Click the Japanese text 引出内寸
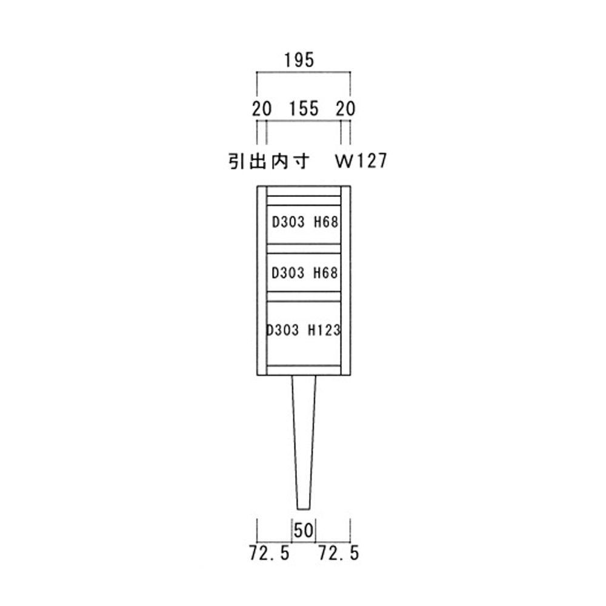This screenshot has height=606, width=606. (x=269, y=161)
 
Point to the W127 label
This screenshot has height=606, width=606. (x=361, y=161)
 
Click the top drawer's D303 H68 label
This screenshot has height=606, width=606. (x=304, y=222)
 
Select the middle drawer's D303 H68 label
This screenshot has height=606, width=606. (x=304, y=273)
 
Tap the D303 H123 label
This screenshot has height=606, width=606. (x=304, y=330)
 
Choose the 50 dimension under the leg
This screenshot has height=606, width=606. (x=304, y=531)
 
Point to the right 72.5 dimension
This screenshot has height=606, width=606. (x=338, y=553)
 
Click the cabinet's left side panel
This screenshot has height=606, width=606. (x=262, y=281)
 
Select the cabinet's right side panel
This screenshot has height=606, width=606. (x=346, y=281)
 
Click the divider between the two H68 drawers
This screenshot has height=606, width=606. (x=304, y=248)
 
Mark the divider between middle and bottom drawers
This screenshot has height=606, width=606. (x=304, y=296)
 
